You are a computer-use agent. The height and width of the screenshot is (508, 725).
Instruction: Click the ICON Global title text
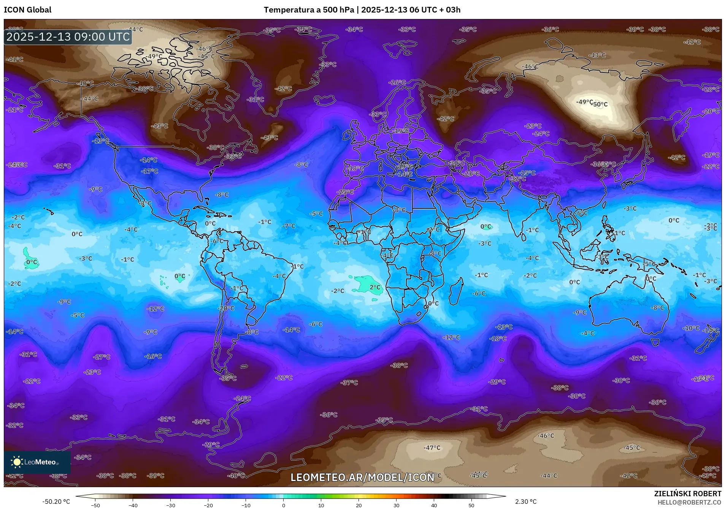click(x=27, y=10)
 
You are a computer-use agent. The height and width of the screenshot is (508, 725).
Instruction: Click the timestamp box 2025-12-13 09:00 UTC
click(x=68, y=37)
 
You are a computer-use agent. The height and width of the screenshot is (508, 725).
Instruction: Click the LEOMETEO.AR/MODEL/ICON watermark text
click(x=362, y=477)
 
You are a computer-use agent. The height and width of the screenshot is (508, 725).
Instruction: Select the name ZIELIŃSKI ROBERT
click(x=687, y=494)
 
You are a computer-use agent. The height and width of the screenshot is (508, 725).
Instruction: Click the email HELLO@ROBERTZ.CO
click(x=689, y=502)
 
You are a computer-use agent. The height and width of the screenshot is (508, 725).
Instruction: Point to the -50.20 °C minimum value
click(x=56, y=502)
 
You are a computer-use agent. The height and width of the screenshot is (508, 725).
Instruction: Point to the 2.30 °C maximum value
click(x=526, y=502)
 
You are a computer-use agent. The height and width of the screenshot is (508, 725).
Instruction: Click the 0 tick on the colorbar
click(x=283, y=505)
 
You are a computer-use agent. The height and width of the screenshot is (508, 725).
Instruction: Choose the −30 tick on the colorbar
click(x=170, y=505)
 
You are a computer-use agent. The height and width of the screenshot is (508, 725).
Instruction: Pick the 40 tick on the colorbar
click(x=434, y=505)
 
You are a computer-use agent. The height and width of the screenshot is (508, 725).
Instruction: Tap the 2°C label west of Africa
click(x=375, y=287)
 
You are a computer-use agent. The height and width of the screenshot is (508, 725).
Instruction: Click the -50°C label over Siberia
click(x=600, y=104)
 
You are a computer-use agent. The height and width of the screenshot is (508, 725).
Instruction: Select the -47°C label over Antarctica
click(x=432, y=448)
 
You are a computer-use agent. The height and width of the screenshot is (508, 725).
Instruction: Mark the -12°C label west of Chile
click(x=156, y=309)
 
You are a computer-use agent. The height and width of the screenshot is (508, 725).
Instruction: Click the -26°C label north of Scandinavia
click(x=398, y=82)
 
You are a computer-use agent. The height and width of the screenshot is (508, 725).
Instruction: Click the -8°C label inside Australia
click(x=657, y=308)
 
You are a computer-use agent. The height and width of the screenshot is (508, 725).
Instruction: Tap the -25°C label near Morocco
click(x=345, y=192)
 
